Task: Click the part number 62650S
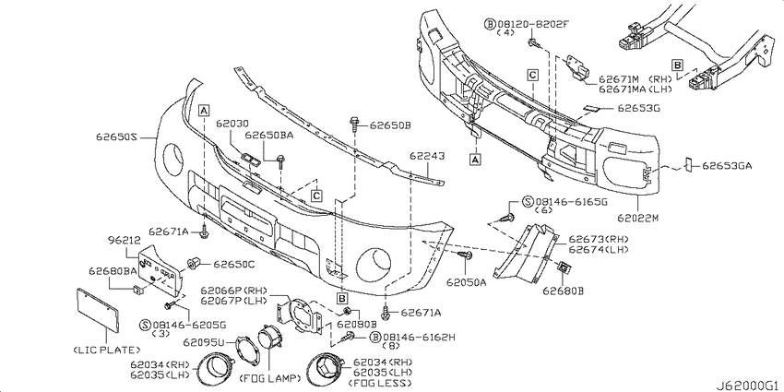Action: click(115, 137)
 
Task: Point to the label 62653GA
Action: click(727, 166)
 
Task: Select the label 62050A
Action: click(467, 282)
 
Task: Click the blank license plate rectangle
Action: click(98, 309)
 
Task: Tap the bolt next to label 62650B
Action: click(356, 123)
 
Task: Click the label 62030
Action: click(233, 122)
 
